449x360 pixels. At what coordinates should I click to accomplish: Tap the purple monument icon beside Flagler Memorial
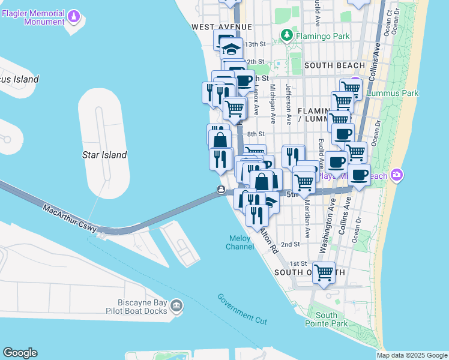coord(74,17)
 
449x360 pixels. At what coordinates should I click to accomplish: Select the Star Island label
coord(104,155)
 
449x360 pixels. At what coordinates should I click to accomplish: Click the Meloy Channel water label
coord(240,242)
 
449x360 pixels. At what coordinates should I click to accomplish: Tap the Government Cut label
coord(242,309)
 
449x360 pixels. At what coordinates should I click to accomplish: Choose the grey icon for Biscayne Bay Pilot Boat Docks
coord(176,307)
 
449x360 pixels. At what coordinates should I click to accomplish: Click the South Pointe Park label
coord(331,319)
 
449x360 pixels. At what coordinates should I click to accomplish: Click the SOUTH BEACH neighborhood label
coord(334,65)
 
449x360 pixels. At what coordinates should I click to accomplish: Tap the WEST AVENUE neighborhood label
coord(221,27)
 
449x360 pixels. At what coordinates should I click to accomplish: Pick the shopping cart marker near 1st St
coord(324,272)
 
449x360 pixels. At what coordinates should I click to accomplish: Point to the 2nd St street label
coord(290,244)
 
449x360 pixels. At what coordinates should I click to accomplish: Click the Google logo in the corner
coord(20,353)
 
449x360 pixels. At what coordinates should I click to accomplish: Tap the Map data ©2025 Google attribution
coord(412,355)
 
